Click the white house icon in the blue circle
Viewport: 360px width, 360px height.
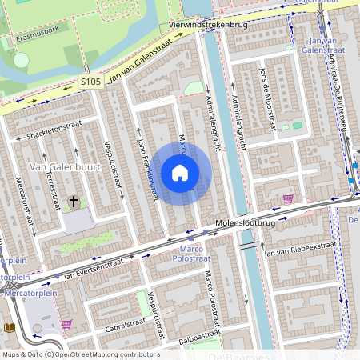(x=180, y=173)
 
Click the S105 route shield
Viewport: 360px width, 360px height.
(x=90, y=82)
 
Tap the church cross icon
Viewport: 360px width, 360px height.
(x=74, y=202)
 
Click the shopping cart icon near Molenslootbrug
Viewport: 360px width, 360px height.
(x=288, y=198)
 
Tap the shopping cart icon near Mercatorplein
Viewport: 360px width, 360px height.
(x=66, y=324)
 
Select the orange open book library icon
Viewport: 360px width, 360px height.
(x=9, y=328)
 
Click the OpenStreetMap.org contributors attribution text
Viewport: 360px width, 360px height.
(x=109, y=354)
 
